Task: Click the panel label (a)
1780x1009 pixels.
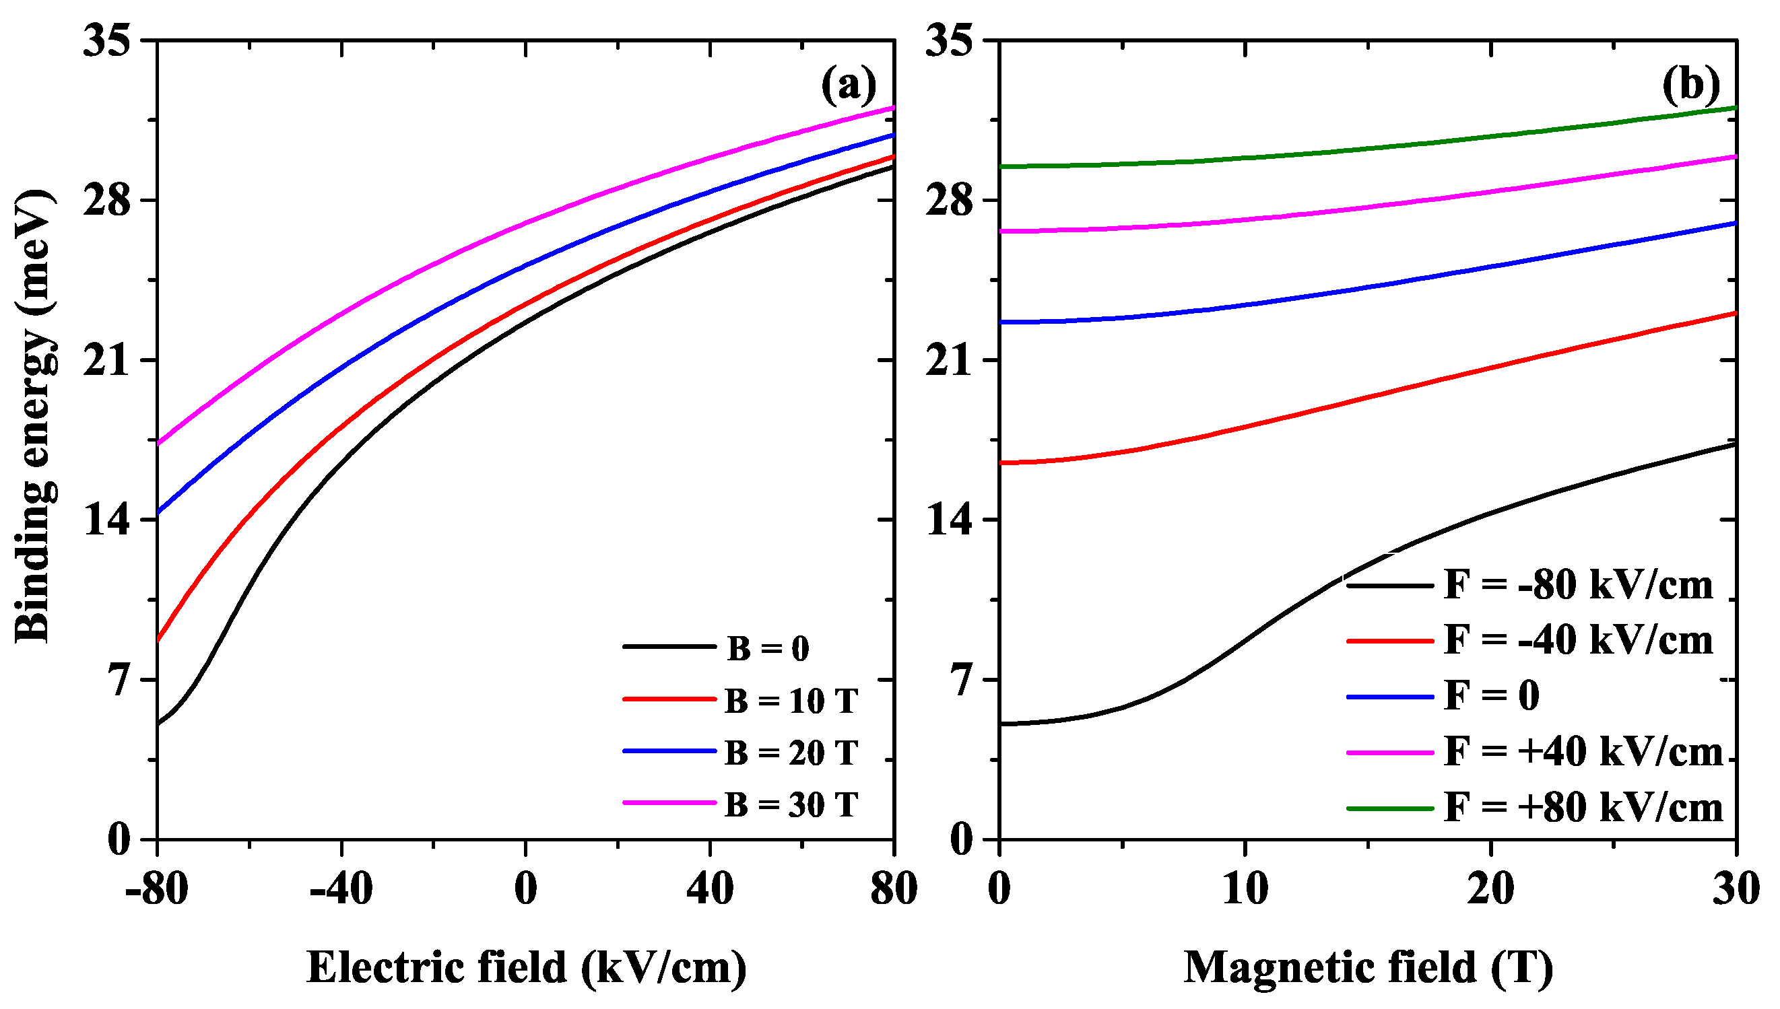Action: [x=849, y=85]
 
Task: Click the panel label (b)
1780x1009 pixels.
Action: [x=1690, y=85]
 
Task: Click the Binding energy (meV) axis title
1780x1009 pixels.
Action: [x=33, y=416]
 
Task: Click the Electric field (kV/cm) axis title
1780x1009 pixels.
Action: [x=527, y=967]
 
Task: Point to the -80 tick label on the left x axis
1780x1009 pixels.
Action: [x=157, y=889]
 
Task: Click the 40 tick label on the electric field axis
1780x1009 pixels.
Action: [x=710, y=889]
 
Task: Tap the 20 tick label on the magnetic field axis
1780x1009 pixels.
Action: [x=1490, y=889]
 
